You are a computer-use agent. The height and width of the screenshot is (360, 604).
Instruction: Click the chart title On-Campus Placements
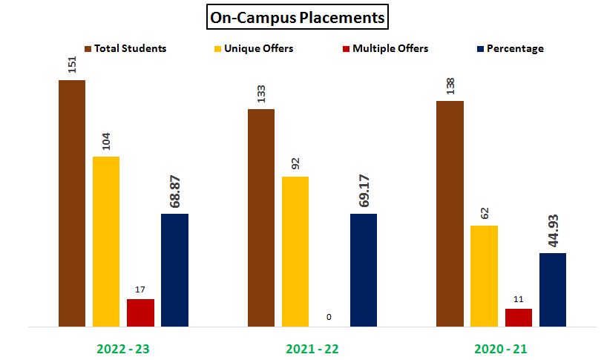[x=297, y=17]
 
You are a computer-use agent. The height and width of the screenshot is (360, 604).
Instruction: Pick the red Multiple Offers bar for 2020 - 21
[x=519, y=317]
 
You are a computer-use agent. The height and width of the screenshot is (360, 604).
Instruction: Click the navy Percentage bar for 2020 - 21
[x=553, y=289]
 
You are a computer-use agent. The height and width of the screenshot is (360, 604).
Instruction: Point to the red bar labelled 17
[x=140, y=312]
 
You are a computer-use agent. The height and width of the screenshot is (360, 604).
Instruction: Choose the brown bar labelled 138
[x=450, y=213]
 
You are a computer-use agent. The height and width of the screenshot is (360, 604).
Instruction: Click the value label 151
[x=72, y=65]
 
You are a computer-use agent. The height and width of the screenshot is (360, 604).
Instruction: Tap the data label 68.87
[x=175, y=193]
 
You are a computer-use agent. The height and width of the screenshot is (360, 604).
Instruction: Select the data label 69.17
[x=364, y=193]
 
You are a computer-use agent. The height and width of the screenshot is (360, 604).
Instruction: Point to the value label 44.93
[x=553, y=232]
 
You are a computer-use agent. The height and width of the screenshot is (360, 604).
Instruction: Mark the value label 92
[x=295, y=163]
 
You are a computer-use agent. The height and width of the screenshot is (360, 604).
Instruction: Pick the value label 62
[x=484, y=212]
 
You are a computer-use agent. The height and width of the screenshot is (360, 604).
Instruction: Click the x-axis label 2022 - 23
[x=124, y=347]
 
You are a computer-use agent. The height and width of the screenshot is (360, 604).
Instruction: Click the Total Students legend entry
[x=126, y=49]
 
